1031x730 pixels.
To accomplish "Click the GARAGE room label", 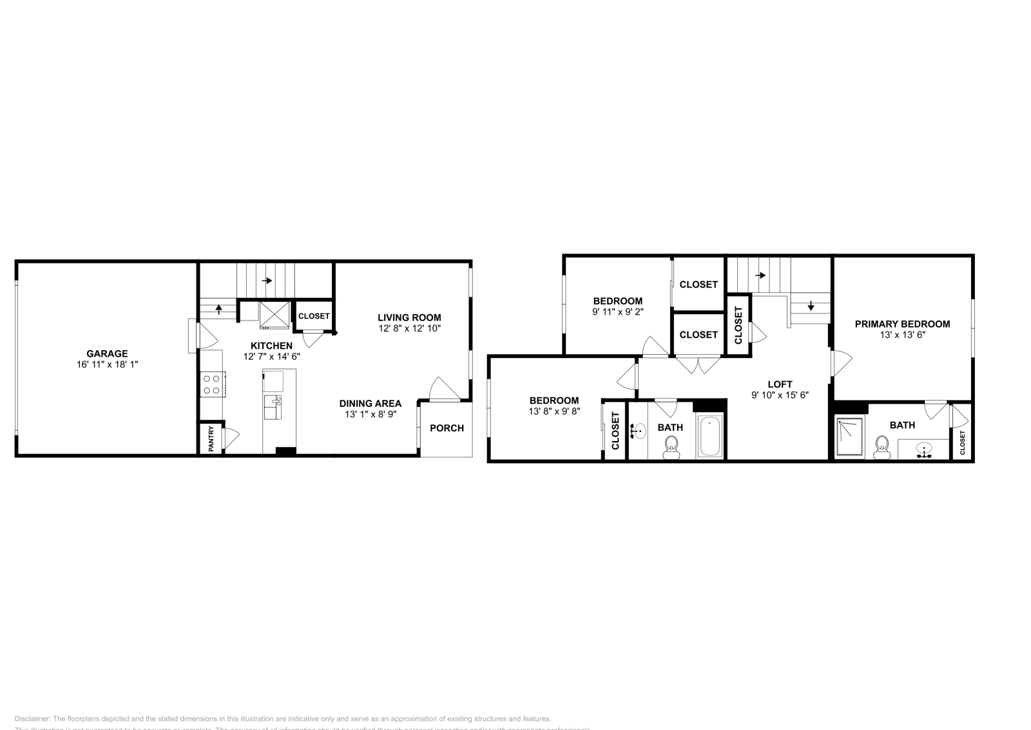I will tap(107, 353).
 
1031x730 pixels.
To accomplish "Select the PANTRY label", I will tap(211, 439).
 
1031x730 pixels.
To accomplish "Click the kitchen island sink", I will tap(273, 408).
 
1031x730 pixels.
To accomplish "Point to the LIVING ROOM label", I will tap(409, 317).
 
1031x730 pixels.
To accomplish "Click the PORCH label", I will tap(447, 428).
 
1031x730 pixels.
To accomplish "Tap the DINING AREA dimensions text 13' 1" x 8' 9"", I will tap(370, 415).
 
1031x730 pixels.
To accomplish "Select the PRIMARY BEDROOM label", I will tap(902, 324).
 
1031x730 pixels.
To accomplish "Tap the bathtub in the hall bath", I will tap(711, 437).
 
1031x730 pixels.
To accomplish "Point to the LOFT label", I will tap(780, 384).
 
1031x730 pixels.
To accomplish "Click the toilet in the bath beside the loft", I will tap(671, 446).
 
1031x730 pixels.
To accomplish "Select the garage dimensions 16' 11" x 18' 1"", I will tap(107, 364).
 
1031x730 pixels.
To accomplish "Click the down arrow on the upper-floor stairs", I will tap(811, 306).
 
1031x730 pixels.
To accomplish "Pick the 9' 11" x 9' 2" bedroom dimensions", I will tap(617, 311).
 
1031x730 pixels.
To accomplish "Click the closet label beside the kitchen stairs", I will tap(314, 316).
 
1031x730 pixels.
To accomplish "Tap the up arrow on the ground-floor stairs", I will tap(218, 308).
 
